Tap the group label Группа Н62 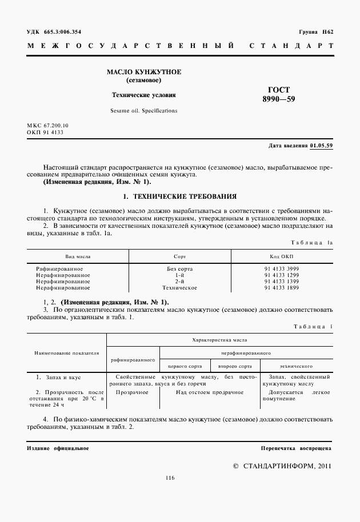pos(315,31)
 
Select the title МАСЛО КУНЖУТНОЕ pos(144,72)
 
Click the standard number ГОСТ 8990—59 pos(279,94)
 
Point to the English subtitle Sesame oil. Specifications pos(144,110)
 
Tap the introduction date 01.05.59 pos(321,146)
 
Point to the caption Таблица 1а pos(312,243)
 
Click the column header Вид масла pos(78,256)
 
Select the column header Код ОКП pos(282,256)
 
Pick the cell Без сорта pos(179,268)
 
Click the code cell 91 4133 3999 pos(282,268)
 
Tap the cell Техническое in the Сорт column pos(179,288)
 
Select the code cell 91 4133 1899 pos(282,288)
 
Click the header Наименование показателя pos(66,354)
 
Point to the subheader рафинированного pos(133,360)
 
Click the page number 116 pos(170,478)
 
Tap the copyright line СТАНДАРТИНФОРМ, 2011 pos(282,466)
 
